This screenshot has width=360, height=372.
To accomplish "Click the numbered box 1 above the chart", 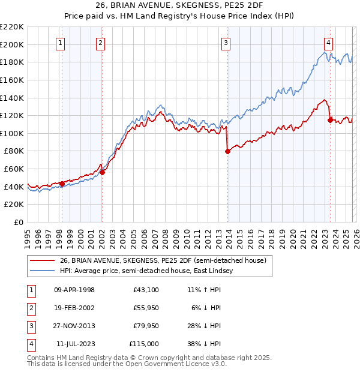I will point(61,43).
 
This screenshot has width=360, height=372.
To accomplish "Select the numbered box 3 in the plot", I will point(226,43).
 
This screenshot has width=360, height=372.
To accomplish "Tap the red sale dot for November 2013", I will point(227,152).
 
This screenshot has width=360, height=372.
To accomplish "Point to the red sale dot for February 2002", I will point(102,173).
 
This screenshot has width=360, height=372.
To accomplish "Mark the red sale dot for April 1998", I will point(62,184).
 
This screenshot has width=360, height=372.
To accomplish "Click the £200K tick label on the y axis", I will point(12,44).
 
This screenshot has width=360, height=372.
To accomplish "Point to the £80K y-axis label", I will point(14,151).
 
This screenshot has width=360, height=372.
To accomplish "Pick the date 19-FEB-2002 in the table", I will point(74,308).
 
